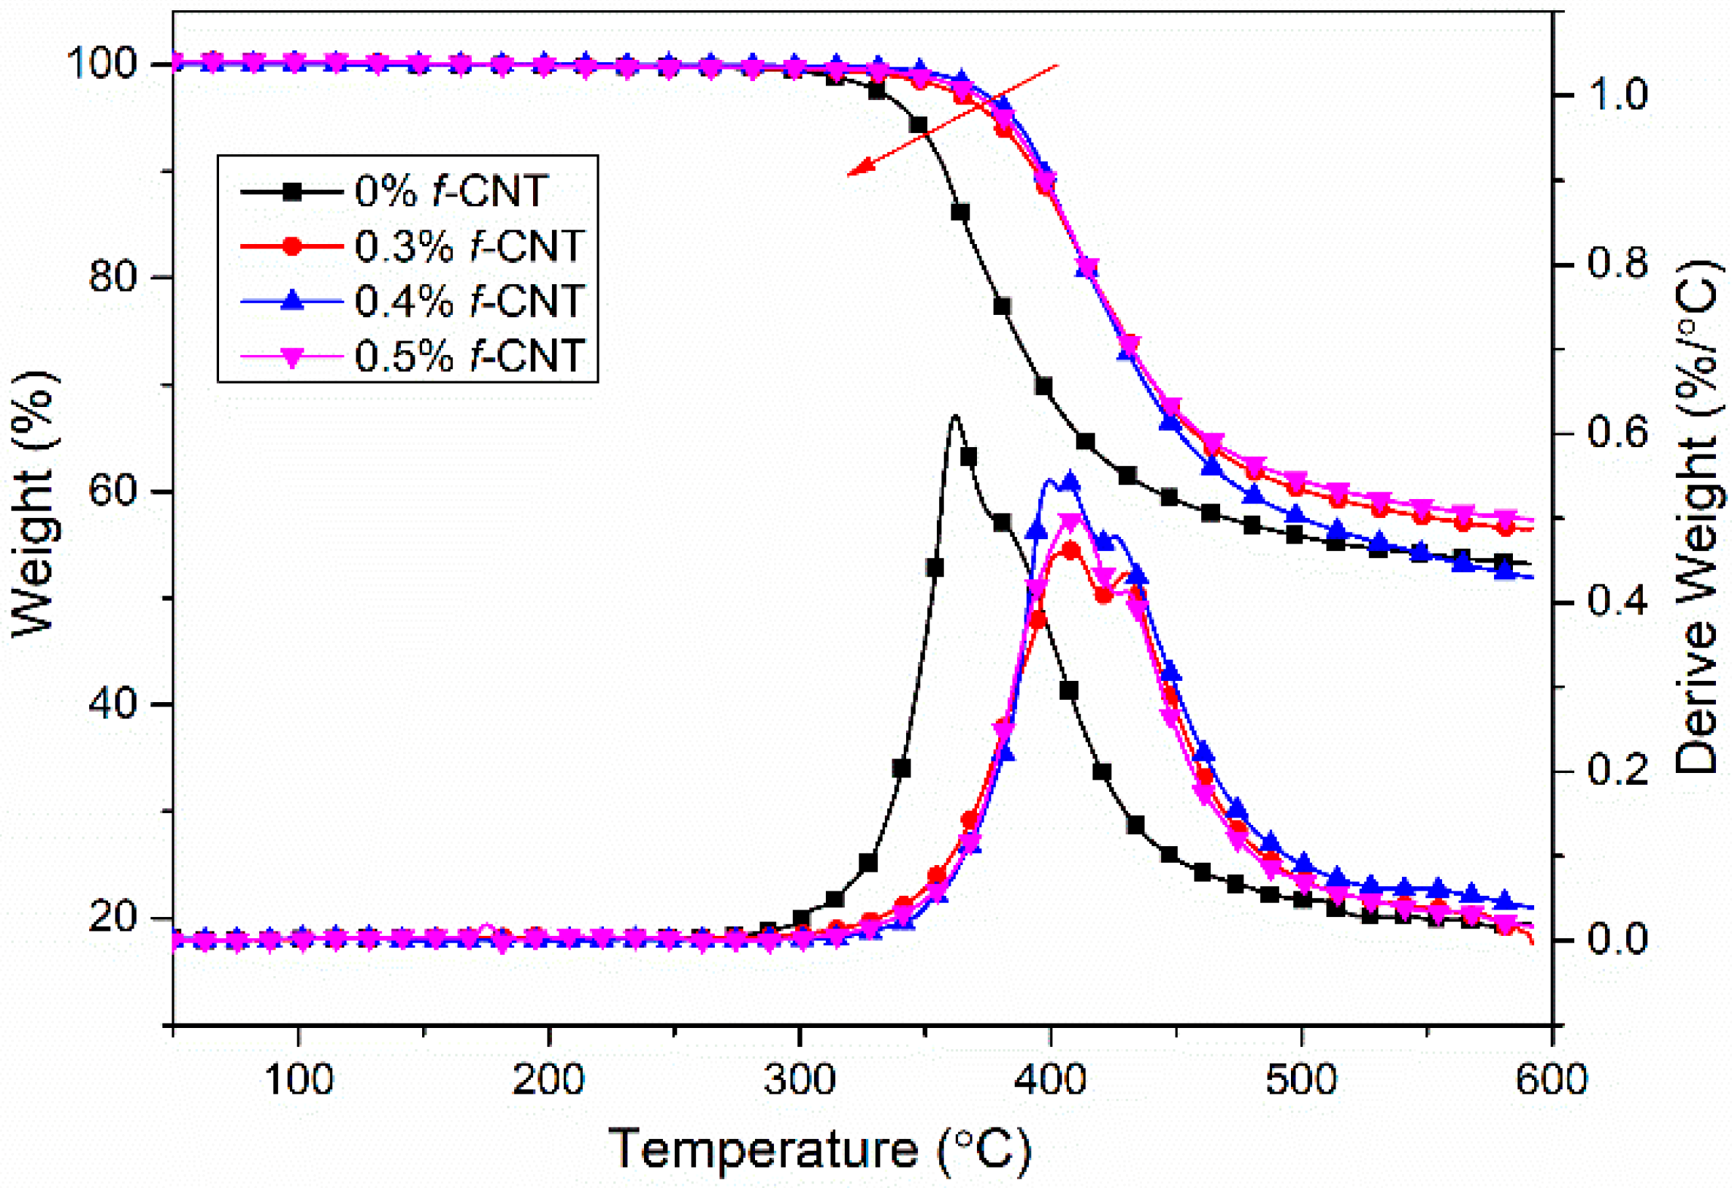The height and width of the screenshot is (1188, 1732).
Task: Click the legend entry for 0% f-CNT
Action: (x=451, y=191)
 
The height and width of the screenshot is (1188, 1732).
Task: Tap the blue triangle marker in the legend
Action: (x=293, y=300)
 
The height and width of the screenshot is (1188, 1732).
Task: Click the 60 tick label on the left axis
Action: (x=112, y=492)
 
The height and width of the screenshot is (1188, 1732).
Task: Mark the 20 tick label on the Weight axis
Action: (x=112, y=916)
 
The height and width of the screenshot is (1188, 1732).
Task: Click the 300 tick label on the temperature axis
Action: (x=799, y=1080)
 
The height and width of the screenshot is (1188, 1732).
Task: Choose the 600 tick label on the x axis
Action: (x=1552, y=1080)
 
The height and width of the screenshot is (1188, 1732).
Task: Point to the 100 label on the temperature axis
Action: (x=298, y=1080)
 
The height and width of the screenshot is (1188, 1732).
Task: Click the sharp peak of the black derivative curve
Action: (x=954, y=416)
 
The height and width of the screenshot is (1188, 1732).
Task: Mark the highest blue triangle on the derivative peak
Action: (x=1070, y=480)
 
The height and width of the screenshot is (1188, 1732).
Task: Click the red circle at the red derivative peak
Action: (x=1071, y=551)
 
